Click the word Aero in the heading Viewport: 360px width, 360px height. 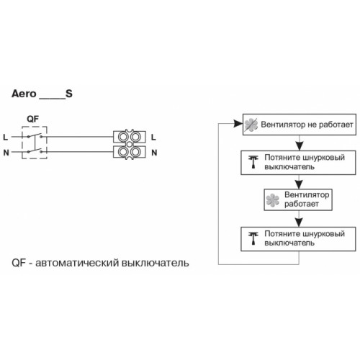(24, 94)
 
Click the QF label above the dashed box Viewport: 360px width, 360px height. (32, 119)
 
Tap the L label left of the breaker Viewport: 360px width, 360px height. (5, 138)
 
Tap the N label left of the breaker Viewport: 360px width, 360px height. (6, 153)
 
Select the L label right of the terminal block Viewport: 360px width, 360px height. (153, 138)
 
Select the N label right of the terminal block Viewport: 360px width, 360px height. (154, 153)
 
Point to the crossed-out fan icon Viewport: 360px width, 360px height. (251, 125)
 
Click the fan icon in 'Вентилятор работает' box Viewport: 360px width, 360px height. (273, 200)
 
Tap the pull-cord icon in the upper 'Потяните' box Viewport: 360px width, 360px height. (253, 162)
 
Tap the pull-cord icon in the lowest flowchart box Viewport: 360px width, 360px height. (253, 238)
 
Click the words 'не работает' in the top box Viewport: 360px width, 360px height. (330, 125)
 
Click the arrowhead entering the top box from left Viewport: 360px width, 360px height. (238, 124)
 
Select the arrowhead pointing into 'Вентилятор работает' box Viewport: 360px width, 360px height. (299, 184)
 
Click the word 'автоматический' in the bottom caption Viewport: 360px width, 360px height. (77, 263)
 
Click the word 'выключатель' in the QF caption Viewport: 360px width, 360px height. (156, 263)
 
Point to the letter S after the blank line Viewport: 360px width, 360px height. (69, 94)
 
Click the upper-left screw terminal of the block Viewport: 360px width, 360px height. (123, 137)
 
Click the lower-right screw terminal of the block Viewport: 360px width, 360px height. (135, 152)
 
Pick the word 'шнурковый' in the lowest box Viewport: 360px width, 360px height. (324, 234)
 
